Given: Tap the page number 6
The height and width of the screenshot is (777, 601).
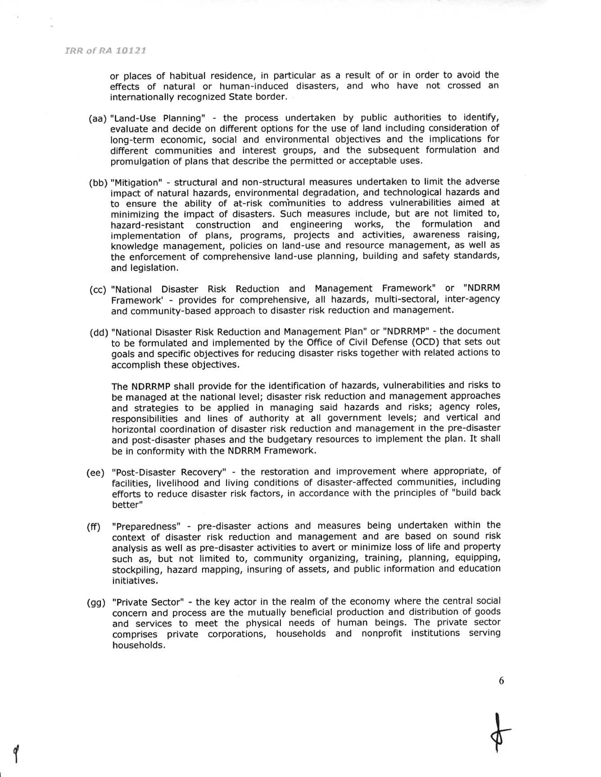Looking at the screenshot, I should pyautogui.click(x=501, y=681).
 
